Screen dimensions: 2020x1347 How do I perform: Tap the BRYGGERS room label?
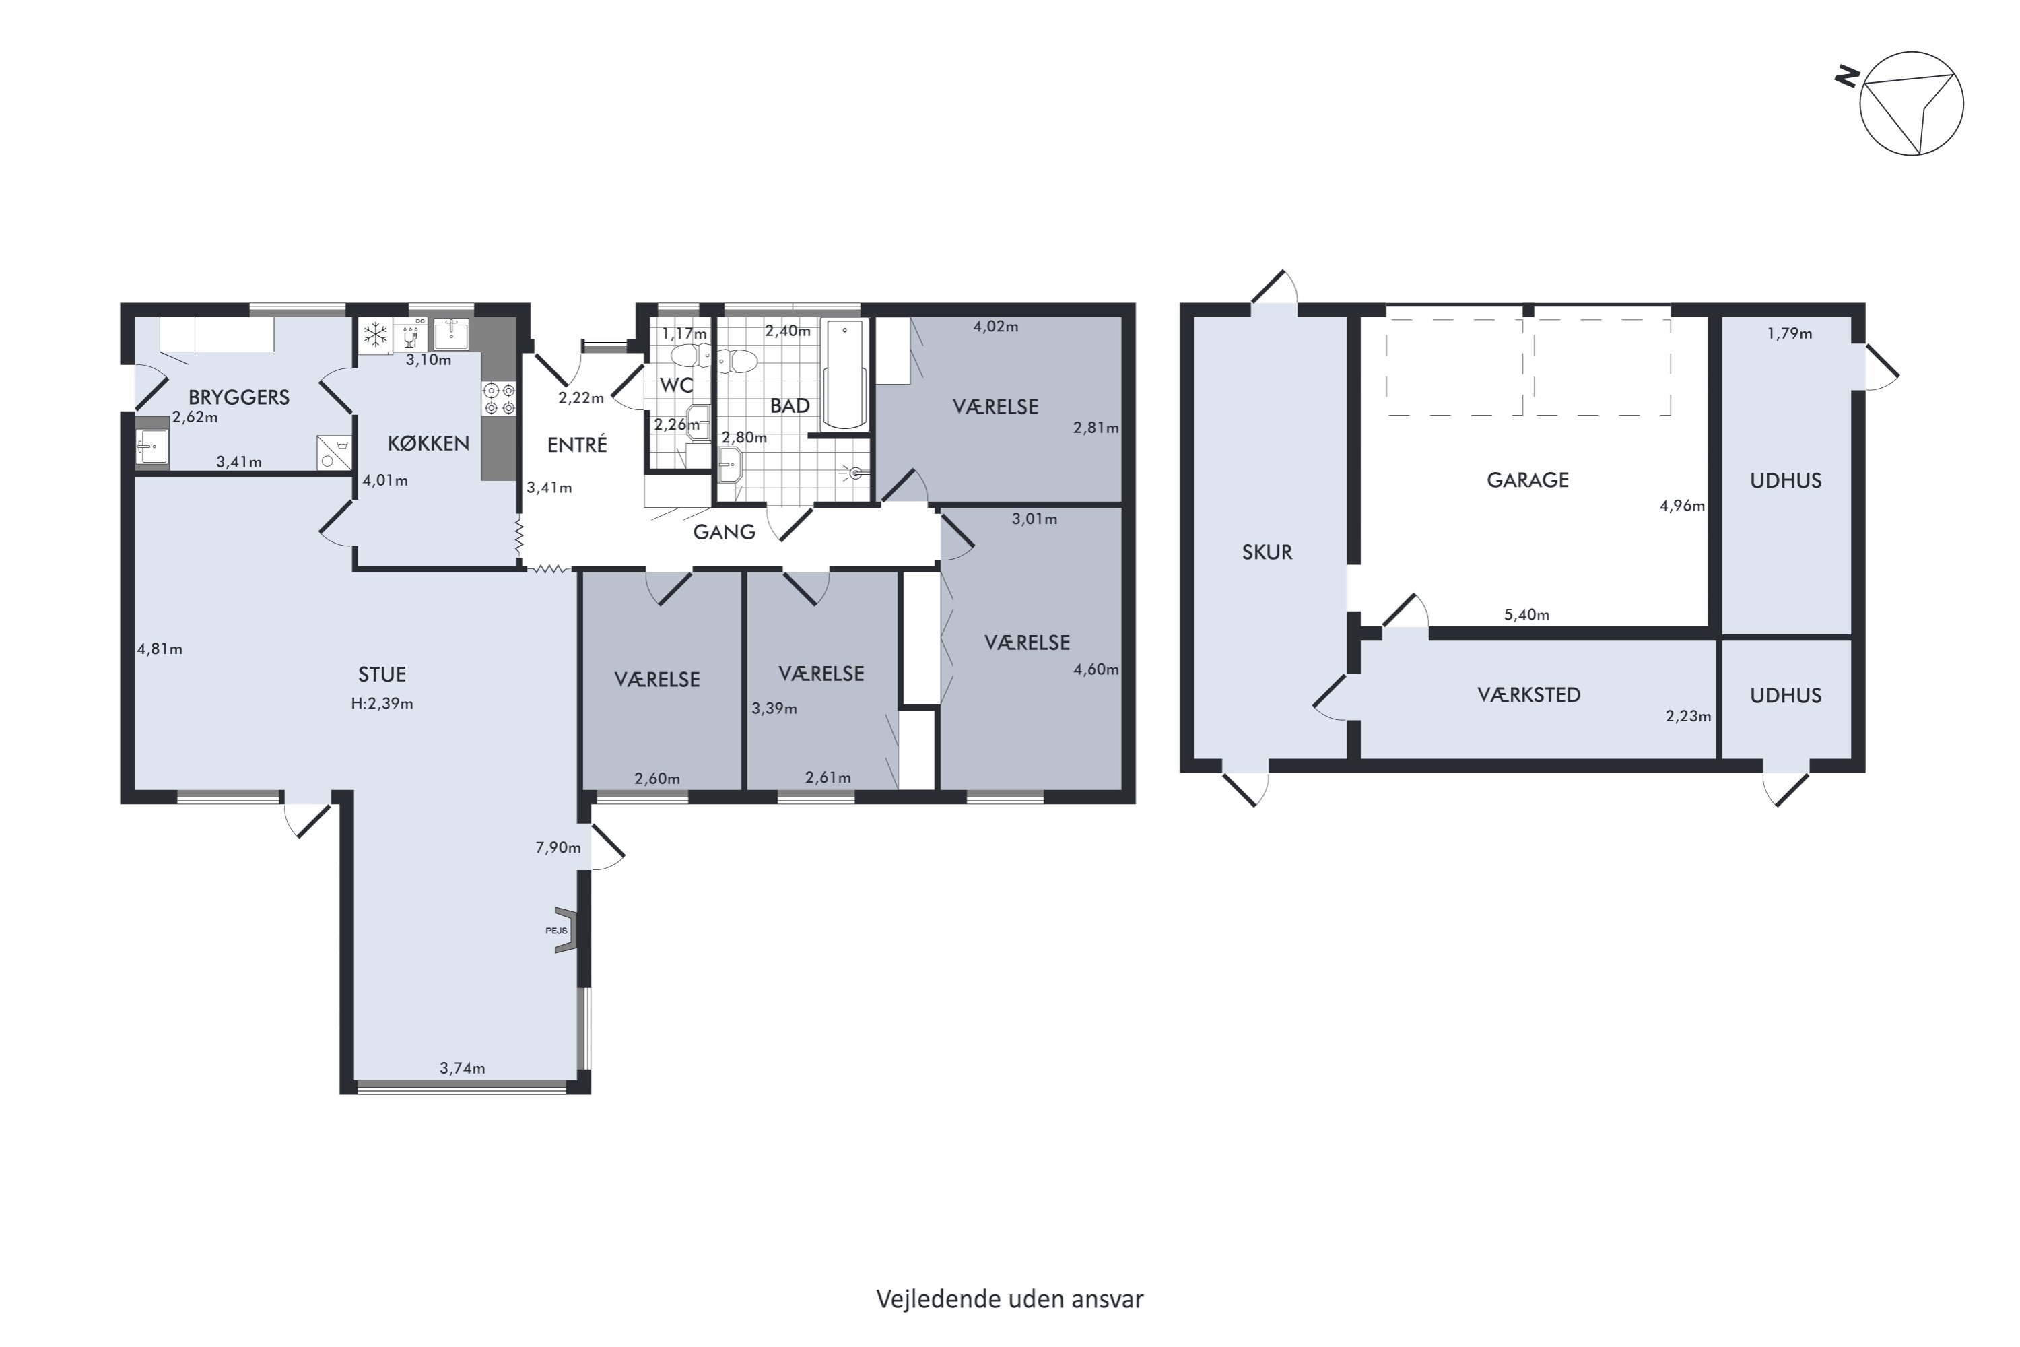point(239,397)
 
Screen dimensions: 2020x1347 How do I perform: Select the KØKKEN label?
point(428,443)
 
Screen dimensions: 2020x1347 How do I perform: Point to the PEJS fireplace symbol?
point(564,929)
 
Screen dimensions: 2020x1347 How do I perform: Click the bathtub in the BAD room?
point(845,374)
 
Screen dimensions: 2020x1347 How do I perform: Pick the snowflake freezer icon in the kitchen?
point(375,335)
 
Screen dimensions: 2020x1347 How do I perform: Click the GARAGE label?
point(1528,480)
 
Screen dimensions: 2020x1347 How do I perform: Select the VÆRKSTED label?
point(1528,695)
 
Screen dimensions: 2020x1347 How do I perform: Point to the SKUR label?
point(1267,552)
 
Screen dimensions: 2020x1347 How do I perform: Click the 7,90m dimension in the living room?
point(558,848)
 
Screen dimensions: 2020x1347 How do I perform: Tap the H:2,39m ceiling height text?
point(382,704)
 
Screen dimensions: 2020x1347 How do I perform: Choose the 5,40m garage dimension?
point(1526,615)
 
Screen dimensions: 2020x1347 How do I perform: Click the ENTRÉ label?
point(577,445)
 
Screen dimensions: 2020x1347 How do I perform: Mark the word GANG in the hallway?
point(724,533)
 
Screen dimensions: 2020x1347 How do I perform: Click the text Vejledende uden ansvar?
point(1010,1300)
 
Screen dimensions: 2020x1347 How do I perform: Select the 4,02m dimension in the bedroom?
point(995,327)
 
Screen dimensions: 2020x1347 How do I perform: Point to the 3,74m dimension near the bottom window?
point(462,1069)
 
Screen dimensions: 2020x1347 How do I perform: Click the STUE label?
point(382,674)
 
